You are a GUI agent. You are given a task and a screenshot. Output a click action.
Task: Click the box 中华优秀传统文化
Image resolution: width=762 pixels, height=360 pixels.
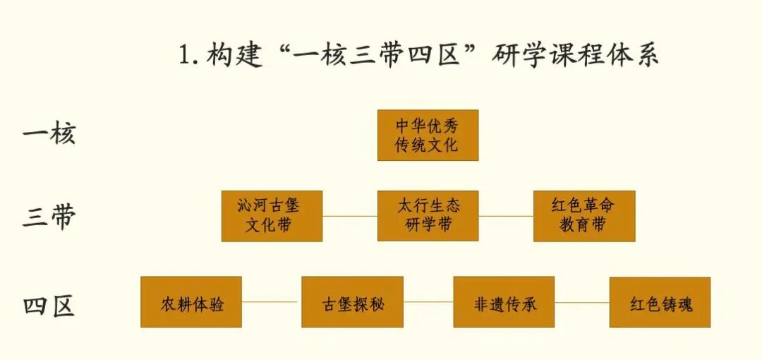(428, 135)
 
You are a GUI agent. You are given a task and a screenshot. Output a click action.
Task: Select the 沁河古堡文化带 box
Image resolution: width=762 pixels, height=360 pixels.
(272, 216)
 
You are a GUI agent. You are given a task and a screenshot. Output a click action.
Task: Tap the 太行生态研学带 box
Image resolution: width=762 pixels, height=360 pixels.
(428, 216)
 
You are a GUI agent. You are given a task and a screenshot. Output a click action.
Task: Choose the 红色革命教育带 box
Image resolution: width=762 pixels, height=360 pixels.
(584, 216)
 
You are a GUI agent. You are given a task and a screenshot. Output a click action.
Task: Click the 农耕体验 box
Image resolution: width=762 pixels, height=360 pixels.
(191, 302)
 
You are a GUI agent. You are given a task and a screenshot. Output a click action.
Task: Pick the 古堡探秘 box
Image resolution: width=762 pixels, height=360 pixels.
(352, 302)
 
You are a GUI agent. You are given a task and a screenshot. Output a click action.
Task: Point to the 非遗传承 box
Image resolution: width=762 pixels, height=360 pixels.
(504, 302)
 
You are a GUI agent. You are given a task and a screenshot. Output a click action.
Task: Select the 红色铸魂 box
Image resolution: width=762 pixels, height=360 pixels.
(660, 302)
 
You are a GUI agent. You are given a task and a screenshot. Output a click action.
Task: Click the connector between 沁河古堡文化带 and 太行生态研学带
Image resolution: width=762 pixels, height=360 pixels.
(350, 216)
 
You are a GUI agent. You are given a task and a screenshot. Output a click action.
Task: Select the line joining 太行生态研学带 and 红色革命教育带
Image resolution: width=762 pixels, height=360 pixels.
(506, 216)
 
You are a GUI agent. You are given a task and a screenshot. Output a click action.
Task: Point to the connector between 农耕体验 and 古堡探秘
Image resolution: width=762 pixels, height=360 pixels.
(272, 302)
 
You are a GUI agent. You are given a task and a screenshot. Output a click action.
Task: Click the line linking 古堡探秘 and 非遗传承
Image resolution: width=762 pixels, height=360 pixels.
(428, 302)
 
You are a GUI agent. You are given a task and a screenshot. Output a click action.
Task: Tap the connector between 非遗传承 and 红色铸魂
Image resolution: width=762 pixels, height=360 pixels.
(582, 302)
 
